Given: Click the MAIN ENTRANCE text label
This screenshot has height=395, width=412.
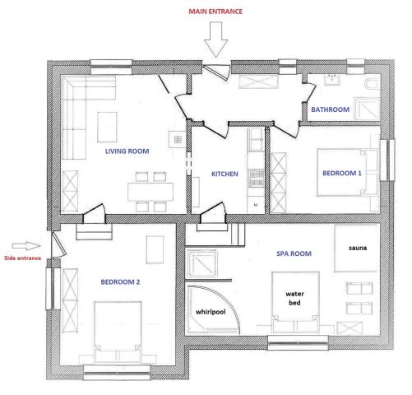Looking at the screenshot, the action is point(215,12).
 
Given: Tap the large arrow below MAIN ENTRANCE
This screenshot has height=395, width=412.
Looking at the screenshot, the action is point(215,39).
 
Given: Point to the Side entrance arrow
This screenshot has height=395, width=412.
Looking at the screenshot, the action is point(26,246).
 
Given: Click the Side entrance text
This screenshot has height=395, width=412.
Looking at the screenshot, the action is point(23,258).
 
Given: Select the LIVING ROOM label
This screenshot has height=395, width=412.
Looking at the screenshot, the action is point(127,151).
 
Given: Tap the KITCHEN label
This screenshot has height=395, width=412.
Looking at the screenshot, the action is point(225,174).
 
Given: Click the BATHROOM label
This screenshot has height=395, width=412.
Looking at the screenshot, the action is point(331,109).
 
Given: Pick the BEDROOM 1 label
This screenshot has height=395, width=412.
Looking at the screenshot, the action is point(342,174).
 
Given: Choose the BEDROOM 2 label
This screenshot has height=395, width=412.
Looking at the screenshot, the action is point(120,282).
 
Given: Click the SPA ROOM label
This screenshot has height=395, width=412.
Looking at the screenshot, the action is point(294,253).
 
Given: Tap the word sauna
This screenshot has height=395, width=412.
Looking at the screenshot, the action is point(358,248).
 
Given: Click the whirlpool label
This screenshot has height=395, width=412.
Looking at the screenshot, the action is point(211,312).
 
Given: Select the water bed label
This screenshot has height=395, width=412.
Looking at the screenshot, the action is point(294,299).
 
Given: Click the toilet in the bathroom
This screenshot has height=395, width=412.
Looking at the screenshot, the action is point(373,84).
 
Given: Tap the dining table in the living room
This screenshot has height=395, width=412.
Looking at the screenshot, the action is point(150,192).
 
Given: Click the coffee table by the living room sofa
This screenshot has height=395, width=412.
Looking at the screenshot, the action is point(107,127).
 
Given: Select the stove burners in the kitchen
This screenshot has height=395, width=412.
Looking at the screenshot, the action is point(256,179).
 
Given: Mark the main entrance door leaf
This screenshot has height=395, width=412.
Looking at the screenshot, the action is point(216,72).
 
